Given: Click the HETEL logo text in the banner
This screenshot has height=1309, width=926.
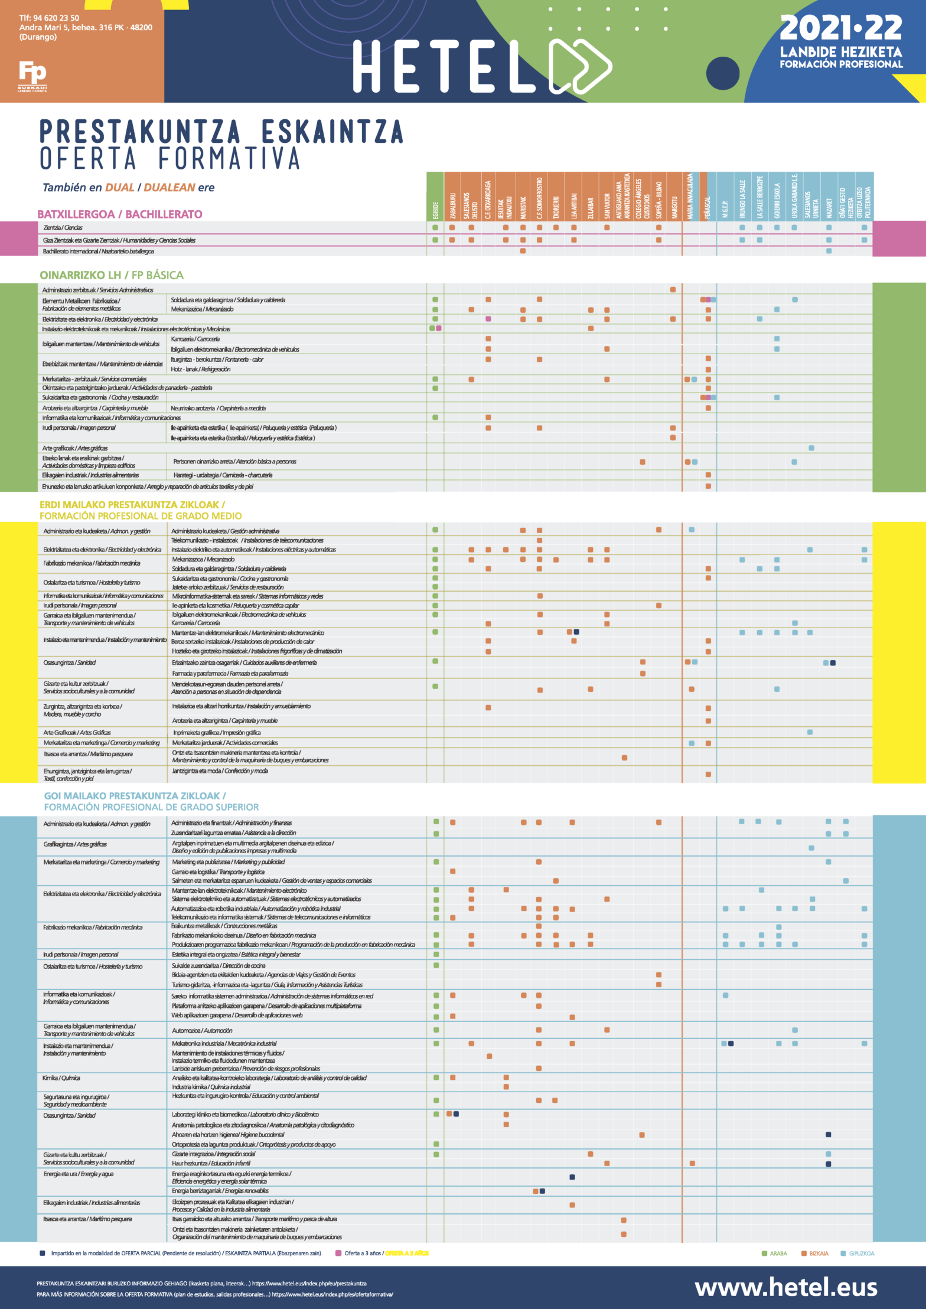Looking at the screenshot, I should pos(443,66).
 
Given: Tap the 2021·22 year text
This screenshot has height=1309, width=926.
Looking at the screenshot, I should pos(840,28).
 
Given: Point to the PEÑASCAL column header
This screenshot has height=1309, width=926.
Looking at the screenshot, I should pos(707,207).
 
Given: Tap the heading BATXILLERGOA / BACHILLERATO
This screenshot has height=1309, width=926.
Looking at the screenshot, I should pos(119,214).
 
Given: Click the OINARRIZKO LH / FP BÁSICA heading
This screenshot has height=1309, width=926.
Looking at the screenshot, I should pos(111,275).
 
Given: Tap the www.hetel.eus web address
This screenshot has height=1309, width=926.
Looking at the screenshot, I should pos(785,1287).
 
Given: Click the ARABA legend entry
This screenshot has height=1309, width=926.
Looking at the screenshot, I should pos(774,1253).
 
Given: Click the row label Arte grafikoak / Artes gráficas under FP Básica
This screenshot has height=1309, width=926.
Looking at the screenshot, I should pos(75,448).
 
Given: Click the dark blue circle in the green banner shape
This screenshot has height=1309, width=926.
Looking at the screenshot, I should pos(722,73).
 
